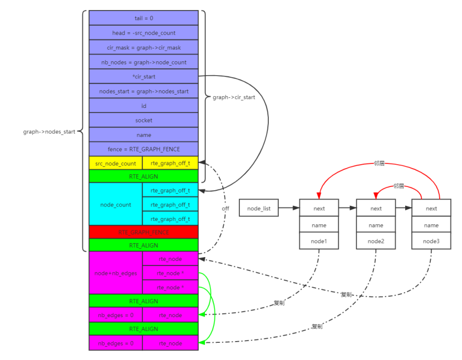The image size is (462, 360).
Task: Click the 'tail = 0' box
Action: point(144,18)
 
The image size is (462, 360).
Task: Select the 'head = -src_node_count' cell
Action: point(144,33)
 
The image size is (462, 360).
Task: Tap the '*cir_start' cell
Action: point(144,76)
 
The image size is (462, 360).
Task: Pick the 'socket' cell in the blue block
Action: point(144,120)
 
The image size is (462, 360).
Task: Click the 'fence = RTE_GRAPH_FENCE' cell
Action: point(144,149)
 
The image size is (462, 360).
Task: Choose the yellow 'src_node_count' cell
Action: point(116,163)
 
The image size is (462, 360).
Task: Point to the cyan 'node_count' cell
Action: point(116,204)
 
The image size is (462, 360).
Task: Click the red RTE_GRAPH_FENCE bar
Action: point(144,231)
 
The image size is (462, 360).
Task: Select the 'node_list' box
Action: point(259,208)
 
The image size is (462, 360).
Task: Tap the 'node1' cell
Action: point(319,241)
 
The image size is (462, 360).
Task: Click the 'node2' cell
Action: point(376,241)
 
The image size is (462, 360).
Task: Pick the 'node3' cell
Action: point(431,241)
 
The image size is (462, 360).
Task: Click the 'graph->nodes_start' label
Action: point(48,132)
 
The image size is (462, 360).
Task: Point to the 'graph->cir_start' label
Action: point(234,97)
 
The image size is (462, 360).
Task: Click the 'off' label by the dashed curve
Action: point(225,209)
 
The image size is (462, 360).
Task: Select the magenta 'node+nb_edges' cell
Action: point(116,273)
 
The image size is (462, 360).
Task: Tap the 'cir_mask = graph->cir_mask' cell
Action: point(144,47)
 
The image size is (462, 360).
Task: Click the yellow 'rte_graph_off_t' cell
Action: point(170,163)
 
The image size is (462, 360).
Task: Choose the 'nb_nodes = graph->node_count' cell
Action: point(144,62)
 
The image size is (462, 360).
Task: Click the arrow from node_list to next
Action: point(288,208)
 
